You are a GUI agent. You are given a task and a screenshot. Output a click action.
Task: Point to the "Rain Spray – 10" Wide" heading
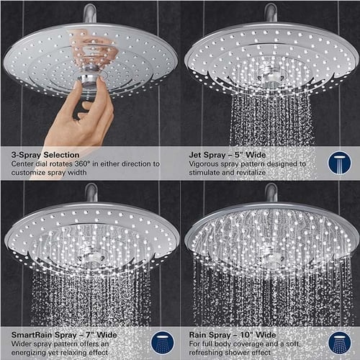point(231,335)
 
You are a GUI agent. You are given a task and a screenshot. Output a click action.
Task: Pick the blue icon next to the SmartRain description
point(161,341)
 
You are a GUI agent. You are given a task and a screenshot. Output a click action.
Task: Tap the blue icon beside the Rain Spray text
point(340,341)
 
